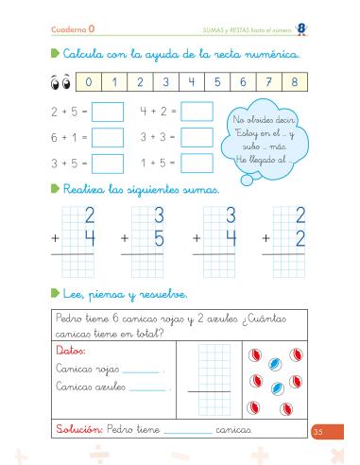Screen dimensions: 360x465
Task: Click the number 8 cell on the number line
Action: (x=295, y=82)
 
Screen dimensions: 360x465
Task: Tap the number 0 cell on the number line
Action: (x=88, y=82)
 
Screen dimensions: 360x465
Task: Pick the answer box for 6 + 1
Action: (x=108, y=138)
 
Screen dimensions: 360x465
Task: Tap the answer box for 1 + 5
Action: (x=197, y=163)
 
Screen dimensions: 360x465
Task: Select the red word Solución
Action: (x=77, y=429)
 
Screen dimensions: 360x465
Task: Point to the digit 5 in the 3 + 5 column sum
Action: (x=159, y=240)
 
